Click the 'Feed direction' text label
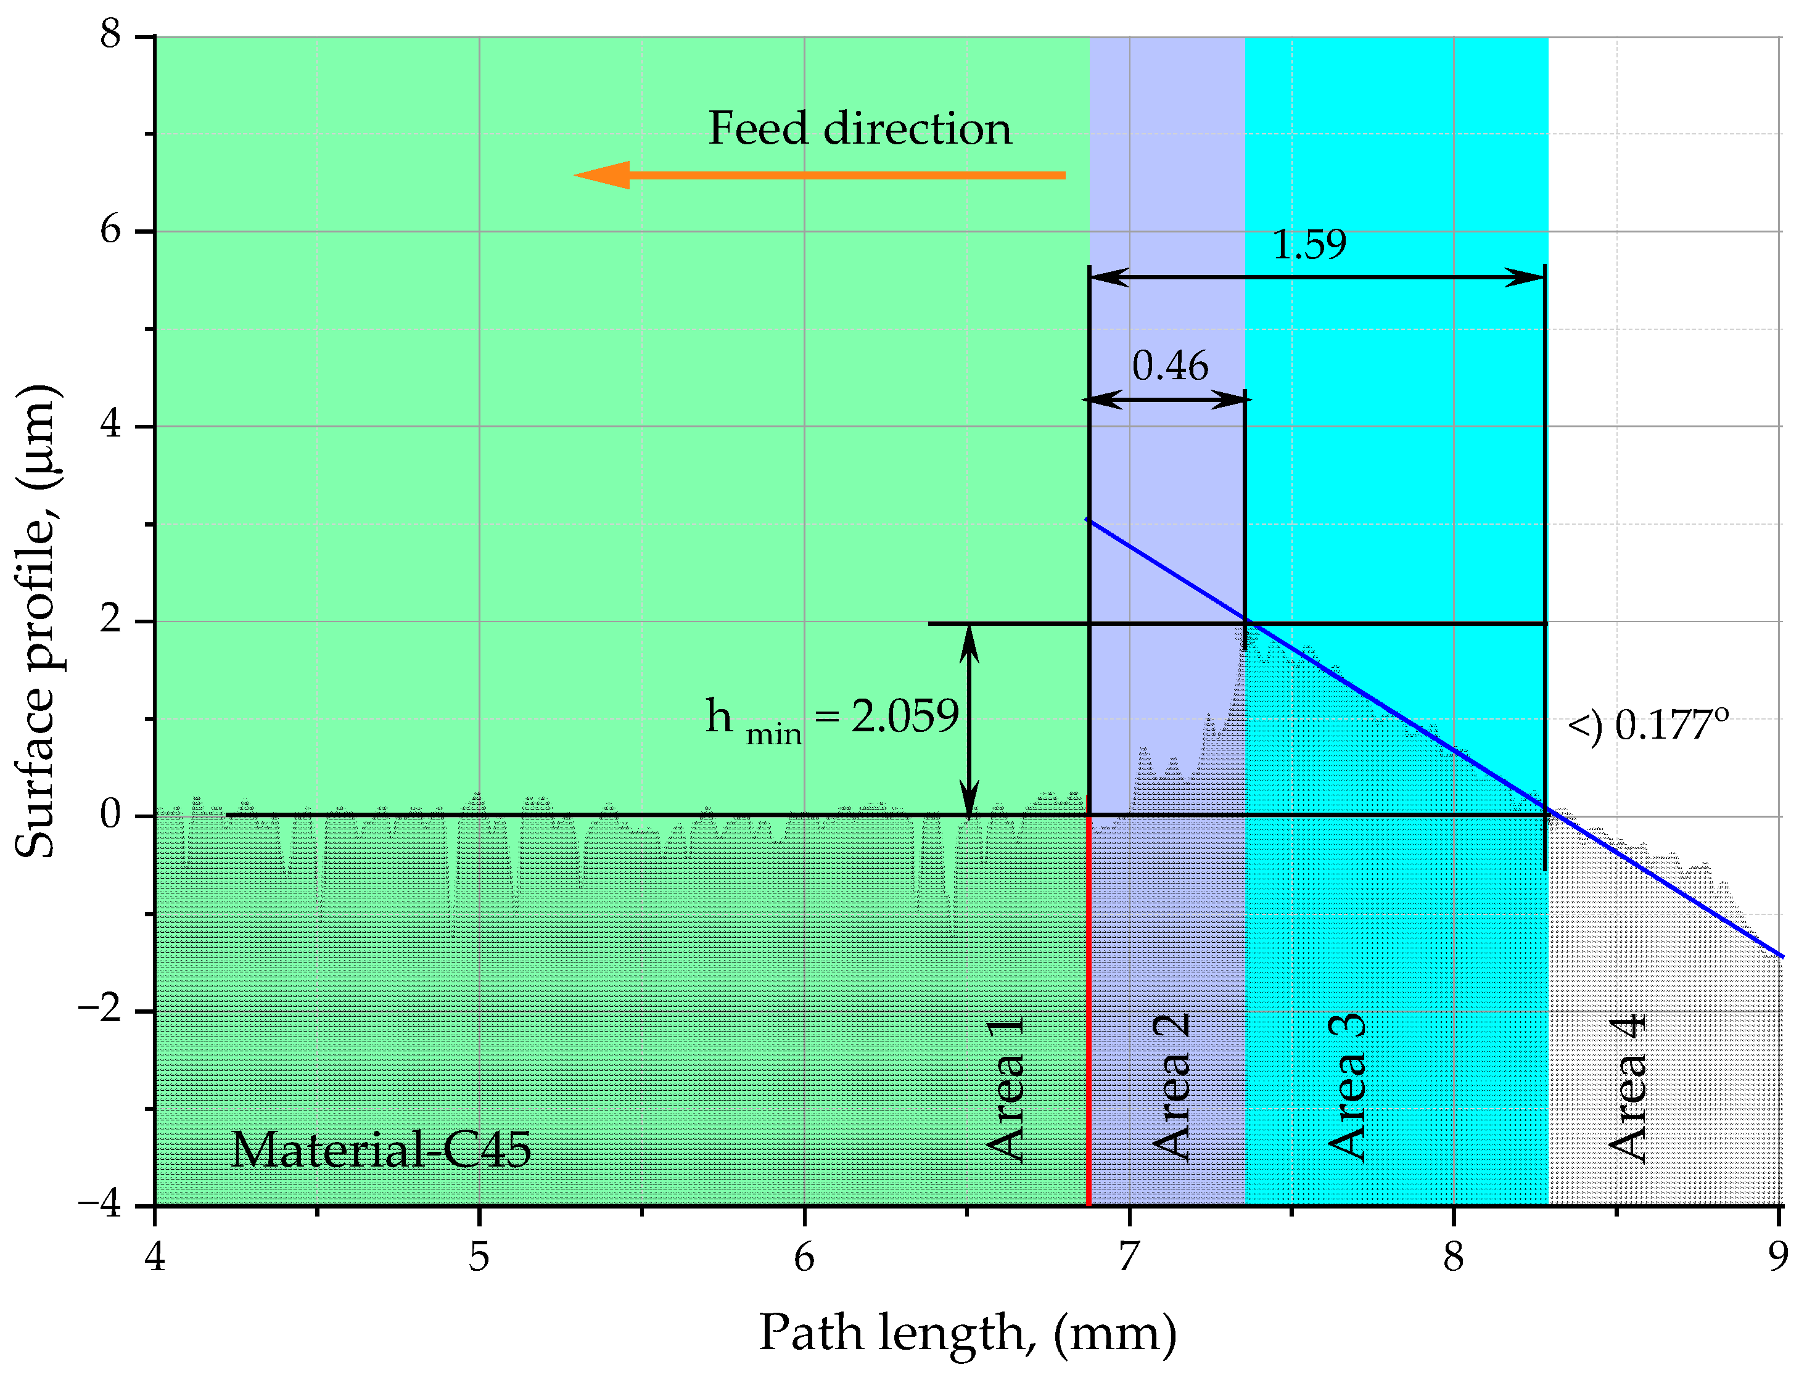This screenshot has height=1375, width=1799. click(859, 129)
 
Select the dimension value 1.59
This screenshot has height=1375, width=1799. click(1308, 244)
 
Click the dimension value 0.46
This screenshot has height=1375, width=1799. click(1169, 365)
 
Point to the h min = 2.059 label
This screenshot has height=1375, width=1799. click(831, 718)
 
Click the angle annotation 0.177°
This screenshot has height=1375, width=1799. click(1647, 725)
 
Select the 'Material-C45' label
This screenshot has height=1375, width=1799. click(381, 1149)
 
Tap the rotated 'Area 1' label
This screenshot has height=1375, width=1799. click(1005, 1088)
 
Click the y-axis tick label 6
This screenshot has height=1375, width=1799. click(110, 230)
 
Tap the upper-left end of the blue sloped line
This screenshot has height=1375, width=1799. click(1089, 520)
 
